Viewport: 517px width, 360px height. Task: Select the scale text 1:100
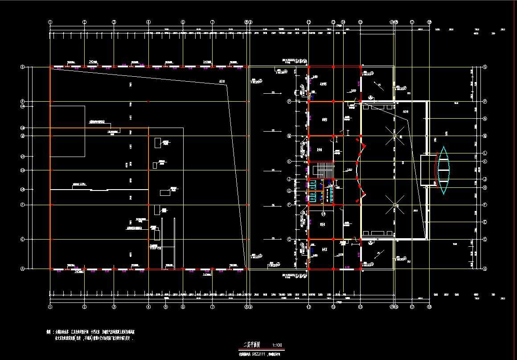pos(277,345)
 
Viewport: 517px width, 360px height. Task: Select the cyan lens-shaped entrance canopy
pos(443,170)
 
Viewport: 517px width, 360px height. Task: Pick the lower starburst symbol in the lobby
pos(395,205)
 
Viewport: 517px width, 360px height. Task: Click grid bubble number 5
pos(165,307)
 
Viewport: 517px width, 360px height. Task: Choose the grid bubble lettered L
pos(485,153)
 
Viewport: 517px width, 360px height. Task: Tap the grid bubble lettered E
pos(485,222)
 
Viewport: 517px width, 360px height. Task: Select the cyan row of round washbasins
pos(331,192)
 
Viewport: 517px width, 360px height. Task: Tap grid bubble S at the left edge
pos(22,67)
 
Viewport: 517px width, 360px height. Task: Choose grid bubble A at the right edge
pos(485,269)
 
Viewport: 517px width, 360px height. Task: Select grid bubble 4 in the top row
pos(148,21)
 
